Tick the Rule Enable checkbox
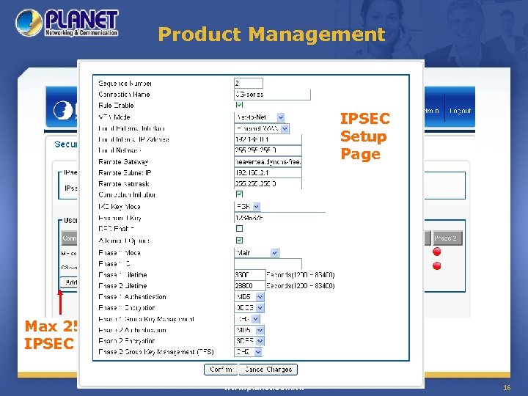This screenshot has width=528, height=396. [x=239, y=106]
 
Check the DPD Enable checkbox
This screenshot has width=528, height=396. [x=239, y=229]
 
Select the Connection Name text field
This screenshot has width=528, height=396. [x=271, y=95]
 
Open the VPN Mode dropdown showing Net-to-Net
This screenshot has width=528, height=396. [x=257, y=117]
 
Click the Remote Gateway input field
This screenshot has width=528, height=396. [x=267, y=162]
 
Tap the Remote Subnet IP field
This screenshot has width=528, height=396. [x=267, y=173]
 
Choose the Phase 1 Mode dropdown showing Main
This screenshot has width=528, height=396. [x=256, y=252]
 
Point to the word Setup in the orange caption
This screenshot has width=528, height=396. [x=363, y=136]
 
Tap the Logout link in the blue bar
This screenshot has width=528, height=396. [x=461, y=111]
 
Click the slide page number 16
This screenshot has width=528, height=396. [x=506, y=386]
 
